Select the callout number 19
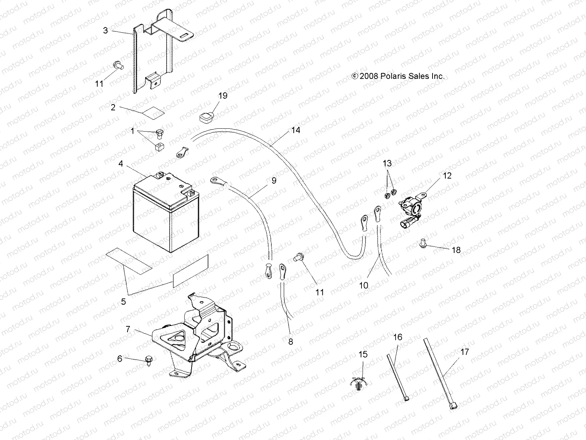223,96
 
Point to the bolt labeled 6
149,359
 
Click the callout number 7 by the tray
128,329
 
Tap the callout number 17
464,352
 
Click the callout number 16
398,337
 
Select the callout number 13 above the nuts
387,163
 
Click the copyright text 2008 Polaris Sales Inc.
398,76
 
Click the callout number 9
274,181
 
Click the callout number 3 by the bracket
105,30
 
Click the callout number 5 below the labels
123,301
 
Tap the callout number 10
363,285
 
